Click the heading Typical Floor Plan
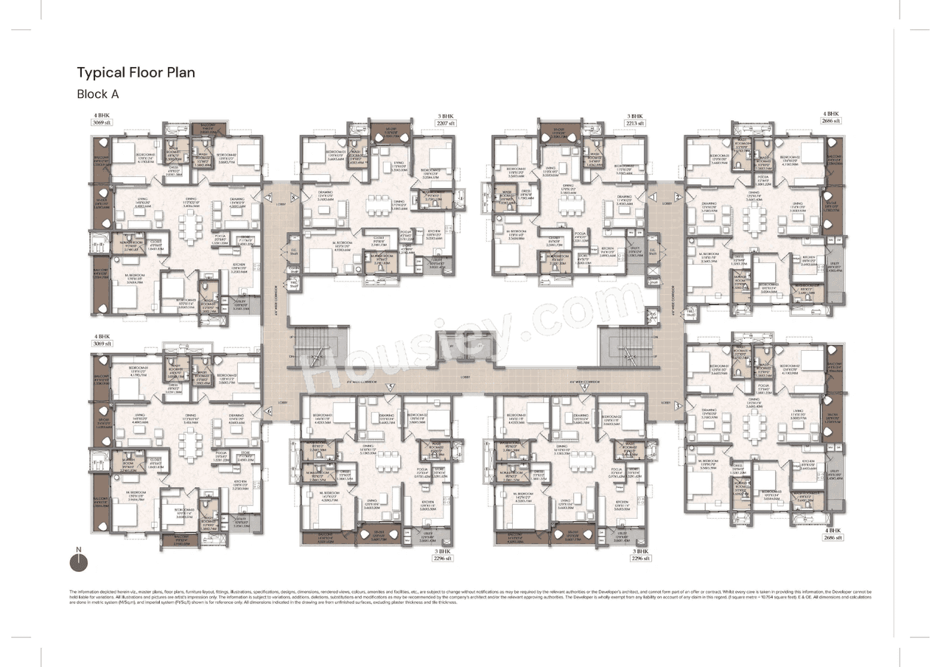pyautogui.click(x=136, y=72)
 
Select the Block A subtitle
pyautogui.click(x=98, y=94)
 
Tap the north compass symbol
pyautogui.click(x=78, y=562)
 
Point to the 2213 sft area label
pyautogui.click(x=635, y=124)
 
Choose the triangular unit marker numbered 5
pyautogui.click(x=391, y=386)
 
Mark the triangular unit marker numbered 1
pyautogui.click(x=652, y=197)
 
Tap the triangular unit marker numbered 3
pyautogui.click(x=679, y=404)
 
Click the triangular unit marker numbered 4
pyautogui.click(x=584, y=386)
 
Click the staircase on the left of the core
pyautogui.click(x=319, y=346)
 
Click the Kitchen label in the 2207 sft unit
pyautogui.click(x=434, y=234)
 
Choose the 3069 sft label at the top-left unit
pyautogui.click(x=101, y=124)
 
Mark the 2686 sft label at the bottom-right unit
pyautogui.click(x=833, y=538)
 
